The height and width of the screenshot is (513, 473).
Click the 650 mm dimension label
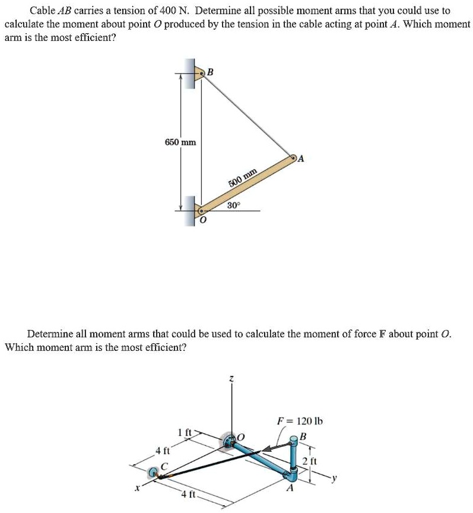coord(180,142)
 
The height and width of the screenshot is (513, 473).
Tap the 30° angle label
coord(234,205)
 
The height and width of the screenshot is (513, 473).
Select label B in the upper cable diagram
coord(209,72)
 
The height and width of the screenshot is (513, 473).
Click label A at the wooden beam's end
coord(301,159)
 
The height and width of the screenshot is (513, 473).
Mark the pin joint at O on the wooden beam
coord(201,210)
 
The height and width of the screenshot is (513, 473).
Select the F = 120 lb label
coord(300,421)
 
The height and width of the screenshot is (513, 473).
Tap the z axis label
coord(232,378)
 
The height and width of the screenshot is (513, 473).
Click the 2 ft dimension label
coord(309,461)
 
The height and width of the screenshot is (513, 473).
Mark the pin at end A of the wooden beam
coord(293,159)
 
